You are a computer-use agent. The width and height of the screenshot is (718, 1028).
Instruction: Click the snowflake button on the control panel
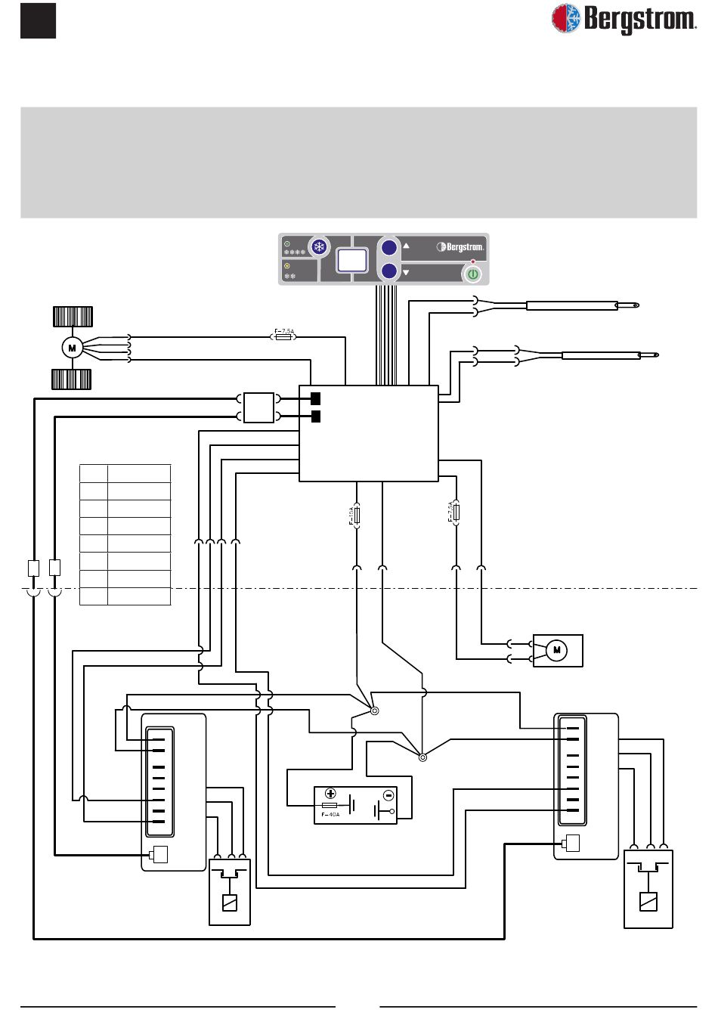(320, 247)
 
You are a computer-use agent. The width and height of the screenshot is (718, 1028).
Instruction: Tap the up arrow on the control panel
(406, 246)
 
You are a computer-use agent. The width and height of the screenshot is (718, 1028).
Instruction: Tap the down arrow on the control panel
(406, 272)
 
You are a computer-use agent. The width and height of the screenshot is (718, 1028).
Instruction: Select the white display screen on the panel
(352, 260)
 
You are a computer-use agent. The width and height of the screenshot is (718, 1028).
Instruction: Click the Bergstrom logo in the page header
(624, 19)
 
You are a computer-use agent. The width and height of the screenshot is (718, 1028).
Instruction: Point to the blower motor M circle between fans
(72, 348)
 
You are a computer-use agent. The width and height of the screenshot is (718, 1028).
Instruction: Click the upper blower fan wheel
(73, 316)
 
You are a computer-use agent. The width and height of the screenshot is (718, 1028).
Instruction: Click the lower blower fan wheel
(72, 379)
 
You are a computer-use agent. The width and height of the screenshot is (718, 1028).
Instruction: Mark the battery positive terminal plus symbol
(330, 794)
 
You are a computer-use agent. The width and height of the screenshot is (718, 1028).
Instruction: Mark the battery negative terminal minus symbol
(388, 795)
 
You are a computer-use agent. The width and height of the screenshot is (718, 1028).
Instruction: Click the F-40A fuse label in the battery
(330, 815)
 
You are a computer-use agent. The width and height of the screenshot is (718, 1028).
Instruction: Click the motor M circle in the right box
(556, 650)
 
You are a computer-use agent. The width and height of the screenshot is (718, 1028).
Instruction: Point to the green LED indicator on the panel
(287, 244)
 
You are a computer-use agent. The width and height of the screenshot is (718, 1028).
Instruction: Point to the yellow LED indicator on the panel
(287, 266)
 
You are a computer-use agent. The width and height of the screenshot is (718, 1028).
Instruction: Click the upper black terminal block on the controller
(316, 398)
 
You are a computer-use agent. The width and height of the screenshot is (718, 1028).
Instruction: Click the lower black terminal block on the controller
(316, 416)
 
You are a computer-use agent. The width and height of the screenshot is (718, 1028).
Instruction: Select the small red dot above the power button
(473, 262)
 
